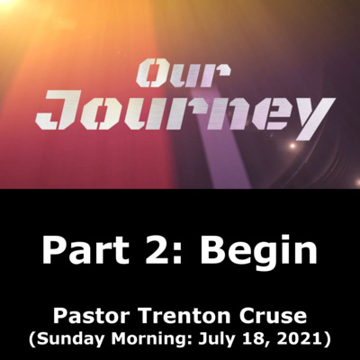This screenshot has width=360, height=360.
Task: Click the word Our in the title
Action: [183, 73]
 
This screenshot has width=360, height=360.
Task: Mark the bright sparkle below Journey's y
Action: [292, 146]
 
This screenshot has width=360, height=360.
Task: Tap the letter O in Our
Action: [149, 73]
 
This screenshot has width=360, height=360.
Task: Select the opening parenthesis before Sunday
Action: [32, 340]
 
